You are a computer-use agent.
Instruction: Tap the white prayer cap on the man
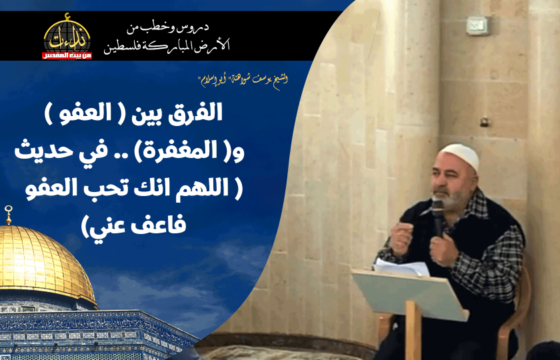coord(461,157)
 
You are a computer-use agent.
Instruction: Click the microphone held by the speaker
coord(437,215)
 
